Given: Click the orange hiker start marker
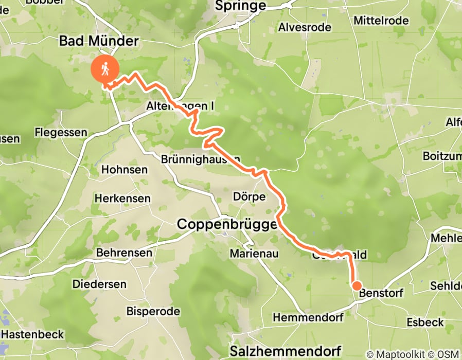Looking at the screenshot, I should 105,68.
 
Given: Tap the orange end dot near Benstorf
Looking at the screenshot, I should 356,285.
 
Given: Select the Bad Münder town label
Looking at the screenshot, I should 99,41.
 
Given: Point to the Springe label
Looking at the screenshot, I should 241,6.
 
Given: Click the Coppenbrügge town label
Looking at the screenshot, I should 226,224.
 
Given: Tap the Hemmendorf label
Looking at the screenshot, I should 308,318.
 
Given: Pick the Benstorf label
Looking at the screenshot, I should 381,293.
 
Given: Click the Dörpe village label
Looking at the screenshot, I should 249,197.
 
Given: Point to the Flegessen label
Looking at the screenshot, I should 61,133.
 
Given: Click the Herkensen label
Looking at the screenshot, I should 122,198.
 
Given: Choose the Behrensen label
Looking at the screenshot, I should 124,253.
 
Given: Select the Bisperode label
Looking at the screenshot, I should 153,312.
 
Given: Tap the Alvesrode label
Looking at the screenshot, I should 305,27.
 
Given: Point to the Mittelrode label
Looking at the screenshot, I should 381,21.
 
